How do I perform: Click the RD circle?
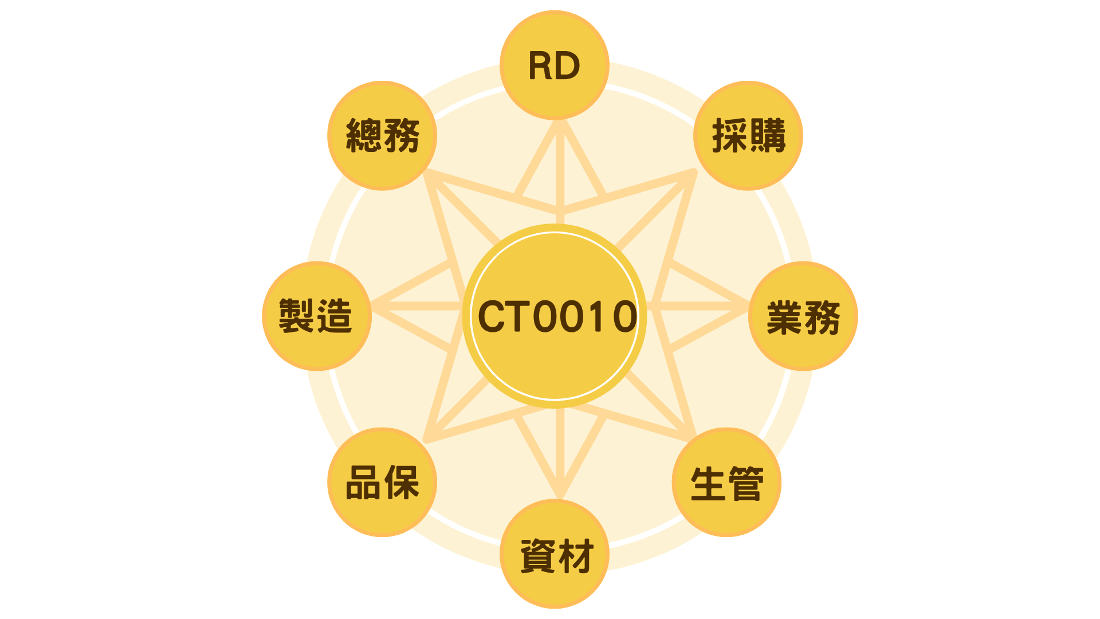[554, 65]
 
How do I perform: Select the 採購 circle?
[748, 136]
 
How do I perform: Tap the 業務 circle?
[803, 316]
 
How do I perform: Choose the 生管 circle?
[726, 482]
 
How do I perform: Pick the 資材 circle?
[554, 554]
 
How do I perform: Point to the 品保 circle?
[382, 482]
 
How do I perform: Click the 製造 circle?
[317, 316]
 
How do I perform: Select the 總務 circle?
[382, 136]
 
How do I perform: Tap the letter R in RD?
[540, 66]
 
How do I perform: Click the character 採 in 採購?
[729, 136]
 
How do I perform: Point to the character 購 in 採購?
[767, 136]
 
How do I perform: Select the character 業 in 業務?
[784, 317]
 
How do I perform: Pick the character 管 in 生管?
[745, 483]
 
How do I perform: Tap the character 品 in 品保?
[363, 483]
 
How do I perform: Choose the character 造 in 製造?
[335, 316]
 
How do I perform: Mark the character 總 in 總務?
[363, 136]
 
